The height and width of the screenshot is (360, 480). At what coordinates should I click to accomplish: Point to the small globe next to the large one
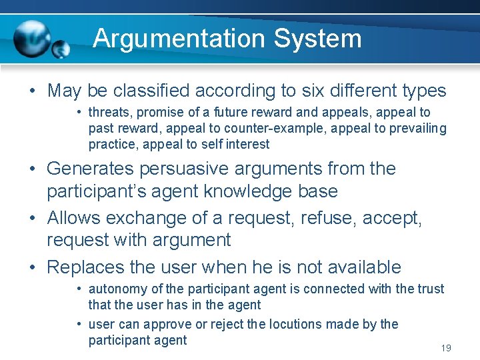point(61,49)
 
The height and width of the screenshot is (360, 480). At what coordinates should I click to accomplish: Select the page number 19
point(446,348)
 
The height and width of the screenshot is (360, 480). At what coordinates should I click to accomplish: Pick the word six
point(303,90)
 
